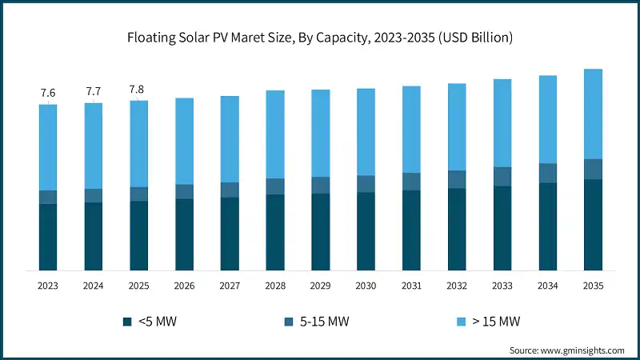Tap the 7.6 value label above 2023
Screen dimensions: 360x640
pos(48,93)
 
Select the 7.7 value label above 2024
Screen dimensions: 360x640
pos(94,92)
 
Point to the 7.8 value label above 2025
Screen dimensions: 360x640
pos(139,89)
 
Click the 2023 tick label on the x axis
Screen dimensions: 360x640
pos(48,286)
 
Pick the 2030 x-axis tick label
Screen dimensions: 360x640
pos(366,286)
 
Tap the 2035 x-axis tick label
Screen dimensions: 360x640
pos(593,286)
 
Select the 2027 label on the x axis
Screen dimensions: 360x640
pos(230,286)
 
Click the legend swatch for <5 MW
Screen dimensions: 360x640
pos(127,322)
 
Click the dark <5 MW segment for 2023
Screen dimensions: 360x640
pos(48,237)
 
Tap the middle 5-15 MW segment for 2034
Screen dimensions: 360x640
pos(547,173)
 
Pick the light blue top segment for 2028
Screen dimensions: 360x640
pos(275,134)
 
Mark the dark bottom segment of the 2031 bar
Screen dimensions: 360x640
pos(411,230)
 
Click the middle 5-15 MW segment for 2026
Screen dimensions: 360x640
pos(184,191)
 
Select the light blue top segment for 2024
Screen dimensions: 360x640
pos(94,146)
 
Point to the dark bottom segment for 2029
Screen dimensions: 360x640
pos(321,232)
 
